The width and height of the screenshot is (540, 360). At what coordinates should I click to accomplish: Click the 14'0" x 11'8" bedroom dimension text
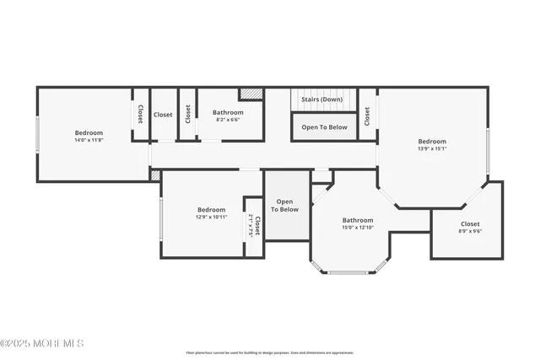point(89,140)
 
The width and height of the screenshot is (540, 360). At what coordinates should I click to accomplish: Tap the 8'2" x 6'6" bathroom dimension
point(228,120)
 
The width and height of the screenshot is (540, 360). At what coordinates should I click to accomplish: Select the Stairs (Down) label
point(321,99)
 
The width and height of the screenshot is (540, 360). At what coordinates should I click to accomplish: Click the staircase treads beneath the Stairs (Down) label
point(321,107)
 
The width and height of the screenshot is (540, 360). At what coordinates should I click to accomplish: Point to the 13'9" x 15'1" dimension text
point(432,148)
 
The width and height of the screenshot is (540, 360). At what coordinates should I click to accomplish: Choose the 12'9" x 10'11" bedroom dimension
point(211,217)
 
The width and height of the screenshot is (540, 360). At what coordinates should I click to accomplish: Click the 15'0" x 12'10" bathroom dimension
point(358,228)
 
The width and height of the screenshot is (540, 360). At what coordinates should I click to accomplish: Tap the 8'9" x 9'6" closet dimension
point(470,231)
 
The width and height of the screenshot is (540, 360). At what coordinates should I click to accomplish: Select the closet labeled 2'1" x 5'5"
point(254,225)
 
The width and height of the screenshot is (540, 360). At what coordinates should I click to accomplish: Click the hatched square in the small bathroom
point(251,94)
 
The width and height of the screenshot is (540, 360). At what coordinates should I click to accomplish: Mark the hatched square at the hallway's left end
point(155,175)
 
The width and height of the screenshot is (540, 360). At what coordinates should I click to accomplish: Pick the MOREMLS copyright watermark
point(42,343)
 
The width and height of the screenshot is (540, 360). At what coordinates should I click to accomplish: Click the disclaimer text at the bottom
point(270,352)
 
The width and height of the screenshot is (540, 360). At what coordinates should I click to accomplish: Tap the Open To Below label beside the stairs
point(324,127)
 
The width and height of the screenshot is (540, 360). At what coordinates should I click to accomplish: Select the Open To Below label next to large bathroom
point(286,205)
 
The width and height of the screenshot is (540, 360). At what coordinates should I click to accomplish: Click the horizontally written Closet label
point(163,115)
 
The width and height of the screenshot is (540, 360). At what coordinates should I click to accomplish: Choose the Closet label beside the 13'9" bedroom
point(367,116)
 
